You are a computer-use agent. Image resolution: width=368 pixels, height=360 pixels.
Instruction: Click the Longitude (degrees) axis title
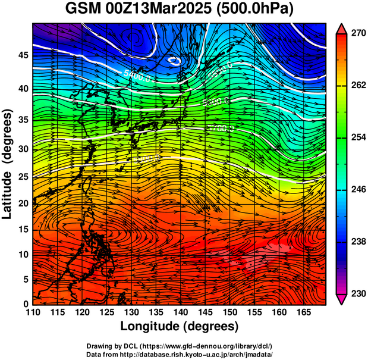[x=180, y=326]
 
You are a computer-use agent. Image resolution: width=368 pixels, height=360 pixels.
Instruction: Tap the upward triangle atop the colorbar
[x=342, y=28]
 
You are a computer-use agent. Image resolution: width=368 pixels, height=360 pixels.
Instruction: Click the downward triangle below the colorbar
[x=342, y=299]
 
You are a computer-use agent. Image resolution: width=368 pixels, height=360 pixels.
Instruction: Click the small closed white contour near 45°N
[x=175, y=60]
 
